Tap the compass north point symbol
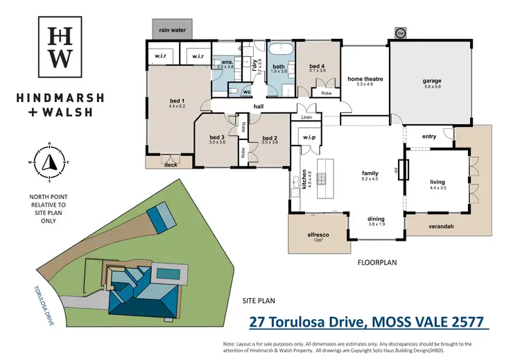coord(50,162)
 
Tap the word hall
coord(259,106)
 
